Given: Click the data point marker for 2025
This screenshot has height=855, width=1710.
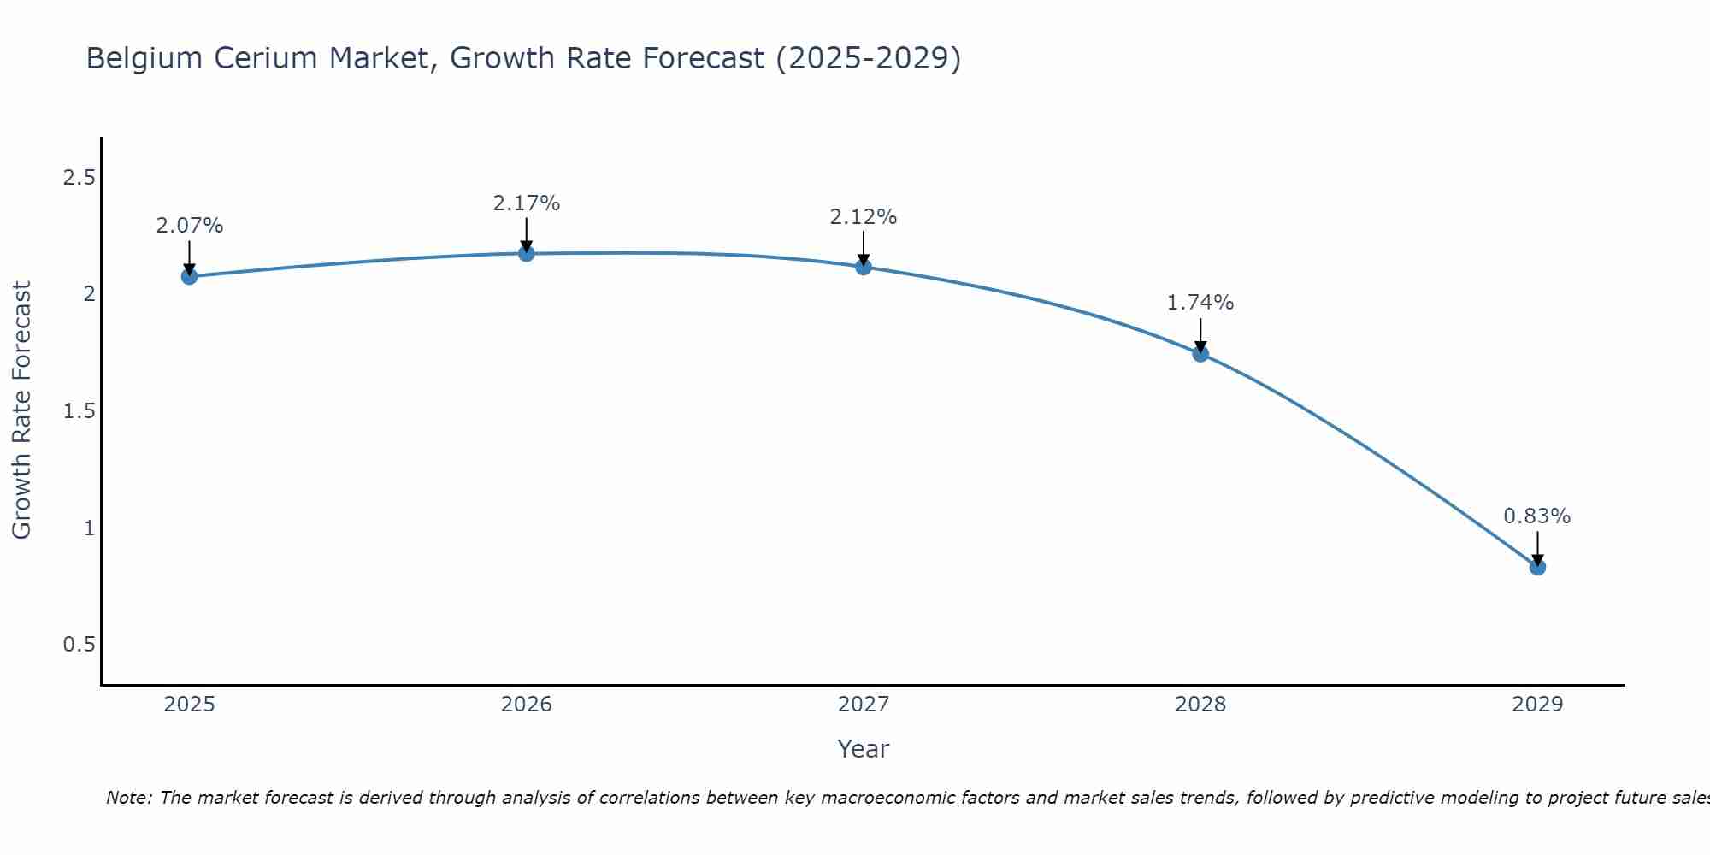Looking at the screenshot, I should pyautogui.click(x=189, y=276).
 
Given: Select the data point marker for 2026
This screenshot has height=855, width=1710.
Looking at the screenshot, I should pyautogui.click(x=526, y=253).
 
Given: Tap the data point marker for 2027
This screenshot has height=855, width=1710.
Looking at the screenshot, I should pyautogui.click(x=863, y=267).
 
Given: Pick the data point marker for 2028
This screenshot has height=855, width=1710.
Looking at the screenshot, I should pyautogui.click(x=1200, y=353).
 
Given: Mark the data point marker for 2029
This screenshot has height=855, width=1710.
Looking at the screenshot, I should pyautogui.click(x=1536, y=567).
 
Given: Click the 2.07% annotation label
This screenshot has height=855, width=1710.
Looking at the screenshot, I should pyautogui.click(x=189, y=226).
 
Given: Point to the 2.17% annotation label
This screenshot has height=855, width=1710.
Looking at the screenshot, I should pyautogui.click(x=526, y=203).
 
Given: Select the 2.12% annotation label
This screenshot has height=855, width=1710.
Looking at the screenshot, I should pyautogui.click(x=863, y=217).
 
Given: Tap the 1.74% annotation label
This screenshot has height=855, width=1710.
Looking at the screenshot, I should pyautogui.click(x=1200, y=303).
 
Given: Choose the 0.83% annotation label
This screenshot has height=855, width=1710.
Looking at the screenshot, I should pyautogui.click(x=1536, y=516).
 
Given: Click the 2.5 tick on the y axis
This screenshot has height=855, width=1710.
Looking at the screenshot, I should pyautogui.click(x=79, y=178).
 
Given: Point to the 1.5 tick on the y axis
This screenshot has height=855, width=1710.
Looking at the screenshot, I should pyautogui.click(x=79, y=411).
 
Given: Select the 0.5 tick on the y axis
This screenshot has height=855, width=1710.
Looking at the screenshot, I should pyautogui.click(x=79, y=645).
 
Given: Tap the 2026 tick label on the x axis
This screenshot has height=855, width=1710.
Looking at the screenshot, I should pyautogui.click(x=526, y=705).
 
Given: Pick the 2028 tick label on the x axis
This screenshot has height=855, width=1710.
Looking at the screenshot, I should pyautogui.click(x=1200, y=705).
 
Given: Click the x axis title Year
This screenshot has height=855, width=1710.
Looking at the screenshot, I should pyautogui.click(x=863, y=749).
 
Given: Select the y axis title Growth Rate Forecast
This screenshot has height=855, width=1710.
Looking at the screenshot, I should pyautogui.click(x=21, y=410).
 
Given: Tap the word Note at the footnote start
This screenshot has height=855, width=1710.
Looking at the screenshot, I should pyautogui.click(x=128, y=798).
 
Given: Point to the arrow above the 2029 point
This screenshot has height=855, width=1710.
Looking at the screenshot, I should pyautogui.click(x=1536, y=547).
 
